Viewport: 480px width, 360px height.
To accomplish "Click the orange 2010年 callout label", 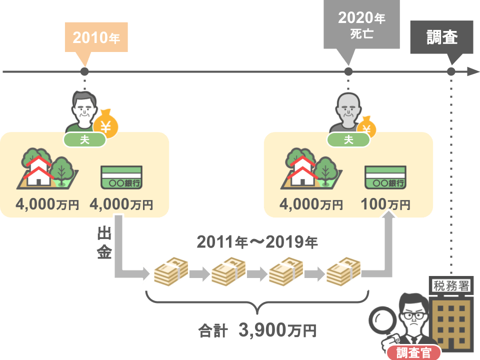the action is (x=96, y=37).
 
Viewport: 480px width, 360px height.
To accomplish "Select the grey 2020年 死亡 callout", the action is (x=361, y=24).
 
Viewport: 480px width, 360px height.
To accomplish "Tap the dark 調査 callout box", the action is (x=441, y=37).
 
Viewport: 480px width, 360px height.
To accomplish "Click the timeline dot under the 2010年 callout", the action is (x=84, y=71).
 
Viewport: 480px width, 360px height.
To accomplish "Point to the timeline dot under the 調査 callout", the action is (x=451, y=71).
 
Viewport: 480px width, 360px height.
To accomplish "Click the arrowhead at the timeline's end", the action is (x=473, y=71).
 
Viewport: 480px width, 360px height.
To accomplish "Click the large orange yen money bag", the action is (x=105, y=124).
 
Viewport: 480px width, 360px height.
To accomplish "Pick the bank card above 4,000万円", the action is (x=121, y=177).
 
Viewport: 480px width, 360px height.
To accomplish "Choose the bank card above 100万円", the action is (x=385, y=177).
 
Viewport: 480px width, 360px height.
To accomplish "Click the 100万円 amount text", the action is (x=385, y=204).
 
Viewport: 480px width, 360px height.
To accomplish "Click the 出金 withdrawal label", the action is (x=104, y=243).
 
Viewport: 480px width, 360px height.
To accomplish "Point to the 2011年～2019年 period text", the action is (x=257, y=242).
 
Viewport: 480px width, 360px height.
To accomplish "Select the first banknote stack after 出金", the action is (x=171, y=271).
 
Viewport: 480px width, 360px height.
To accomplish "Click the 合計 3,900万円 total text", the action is (x=257, y=330).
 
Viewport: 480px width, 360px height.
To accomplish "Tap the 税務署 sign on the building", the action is (x=451, y=286).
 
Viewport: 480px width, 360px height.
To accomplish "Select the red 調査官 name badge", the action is (x=414, y=353).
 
